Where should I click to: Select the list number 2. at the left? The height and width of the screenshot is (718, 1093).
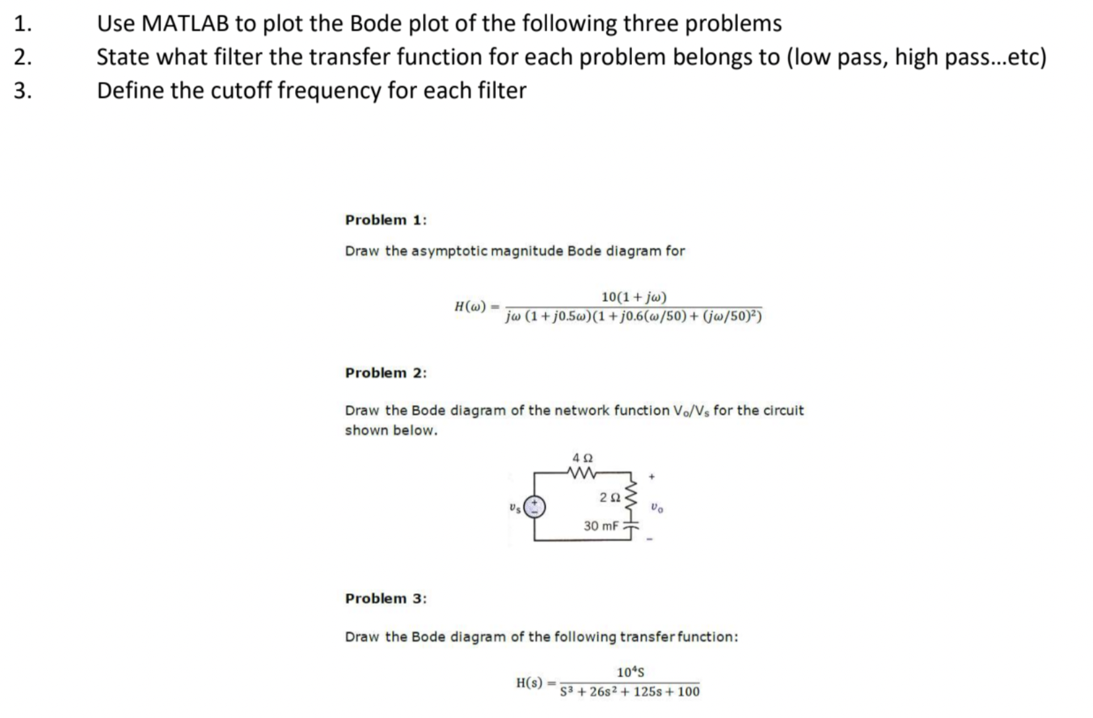[x=22, y=57]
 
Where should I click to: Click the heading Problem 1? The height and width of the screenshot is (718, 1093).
[x=385, y=220]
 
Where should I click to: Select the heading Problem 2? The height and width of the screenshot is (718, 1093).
[x=385, y=374]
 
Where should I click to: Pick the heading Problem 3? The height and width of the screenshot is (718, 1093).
[x=385, y=599]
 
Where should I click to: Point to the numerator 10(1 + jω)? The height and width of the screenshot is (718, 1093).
[x=634, y=298]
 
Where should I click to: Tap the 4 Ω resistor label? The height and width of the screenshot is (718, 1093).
[x=583, y=457]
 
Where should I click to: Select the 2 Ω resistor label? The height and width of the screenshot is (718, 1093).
[x=609, y=498]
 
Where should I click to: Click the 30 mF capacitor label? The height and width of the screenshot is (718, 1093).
[x=601, y=527]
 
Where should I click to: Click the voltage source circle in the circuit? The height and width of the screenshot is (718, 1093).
[x=535, y=507]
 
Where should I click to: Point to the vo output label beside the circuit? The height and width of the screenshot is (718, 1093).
[x=657, y=508]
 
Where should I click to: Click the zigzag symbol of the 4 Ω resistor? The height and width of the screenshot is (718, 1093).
[x=582, y=473]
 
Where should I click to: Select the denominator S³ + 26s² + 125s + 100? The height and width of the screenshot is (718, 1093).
[x=630, y=692]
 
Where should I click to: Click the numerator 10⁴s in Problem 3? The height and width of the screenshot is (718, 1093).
[x=630, y=673]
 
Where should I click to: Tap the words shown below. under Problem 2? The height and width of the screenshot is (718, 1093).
[x=391, y=431]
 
